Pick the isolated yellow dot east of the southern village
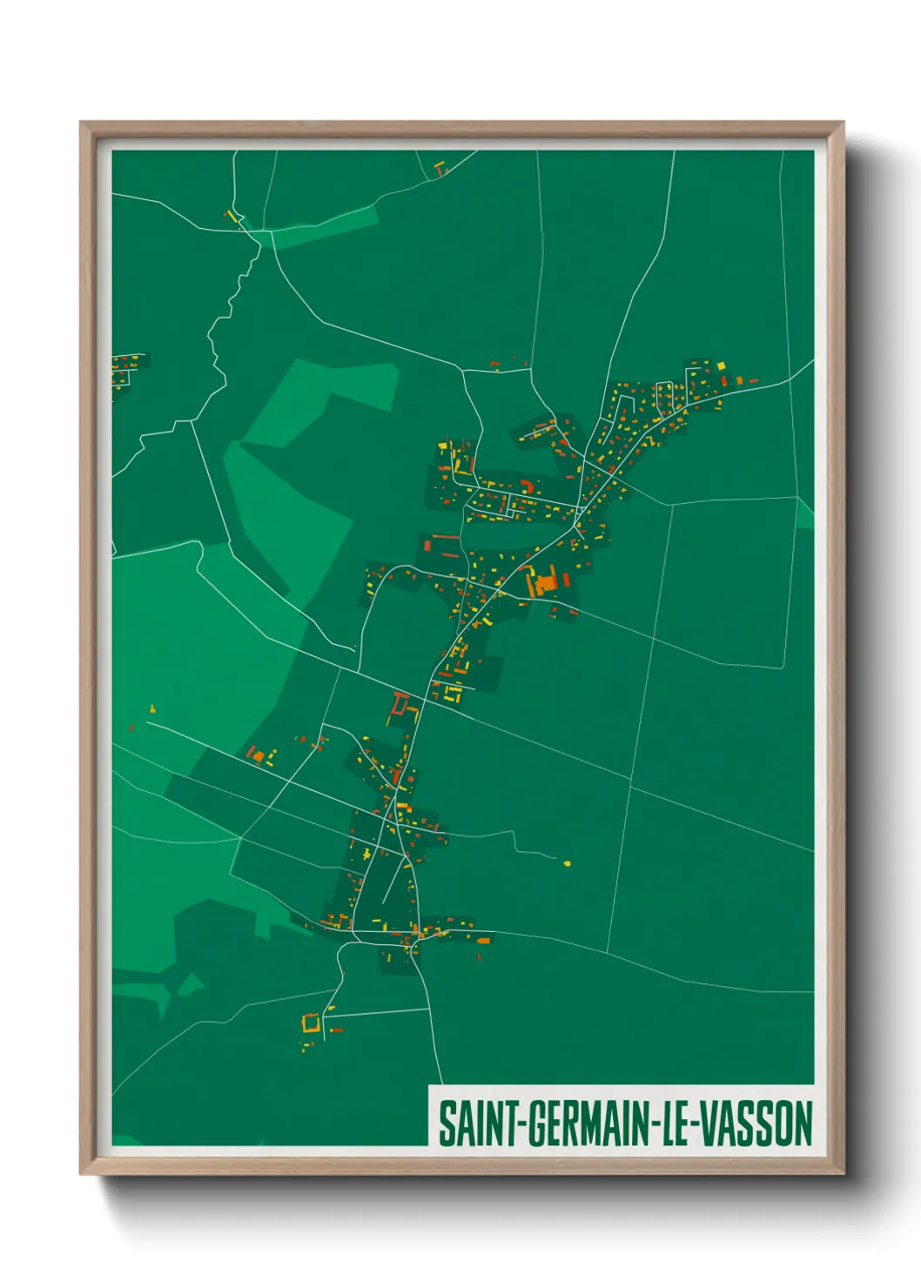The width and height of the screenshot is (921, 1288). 568,863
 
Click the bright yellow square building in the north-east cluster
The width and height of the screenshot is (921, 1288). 720,366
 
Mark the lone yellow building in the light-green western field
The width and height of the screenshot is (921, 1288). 152,709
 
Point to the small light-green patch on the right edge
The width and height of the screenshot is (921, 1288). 805,515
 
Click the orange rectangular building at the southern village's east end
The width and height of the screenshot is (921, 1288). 483,938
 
